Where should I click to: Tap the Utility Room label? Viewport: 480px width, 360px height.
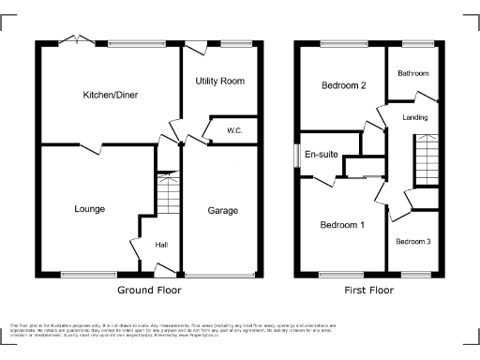pyautogui.click(x=219, y=82)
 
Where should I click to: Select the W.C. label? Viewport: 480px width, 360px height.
pyautogui.click(x=233, y=132)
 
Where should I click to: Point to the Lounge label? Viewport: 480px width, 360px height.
pyautogui.click(x=90, y=208)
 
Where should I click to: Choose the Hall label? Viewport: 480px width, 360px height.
pyautogui.click(x=161, y=245)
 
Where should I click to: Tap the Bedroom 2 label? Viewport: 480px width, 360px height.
pyautogui.click(x=343, y=86)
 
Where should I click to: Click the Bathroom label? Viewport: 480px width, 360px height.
pyautogui.click(x=412, y=73)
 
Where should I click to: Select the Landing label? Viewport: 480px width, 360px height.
pyautogui.click(x=414, y=117)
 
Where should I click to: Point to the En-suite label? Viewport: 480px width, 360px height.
pyautogui.click(x=319, y=157)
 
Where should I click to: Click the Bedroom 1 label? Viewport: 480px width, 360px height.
pyautogui.click(x=342, y=225)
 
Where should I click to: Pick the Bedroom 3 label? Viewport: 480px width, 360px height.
pyautogui.click(x=413, y=242)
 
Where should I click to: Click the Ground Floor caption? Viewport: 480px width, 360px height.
pyautogui.click(x=149, y=291)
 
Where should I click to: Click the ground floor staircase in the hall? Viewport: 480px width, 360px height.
pyautogui.click(x=166, y=195)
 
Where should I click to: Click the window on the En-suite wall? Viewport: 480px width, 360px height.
pyautogui.click(x=295, y=156)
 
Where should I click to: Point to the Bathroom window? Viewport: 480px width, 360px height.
pyautogui.click(x=413, y=42)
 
